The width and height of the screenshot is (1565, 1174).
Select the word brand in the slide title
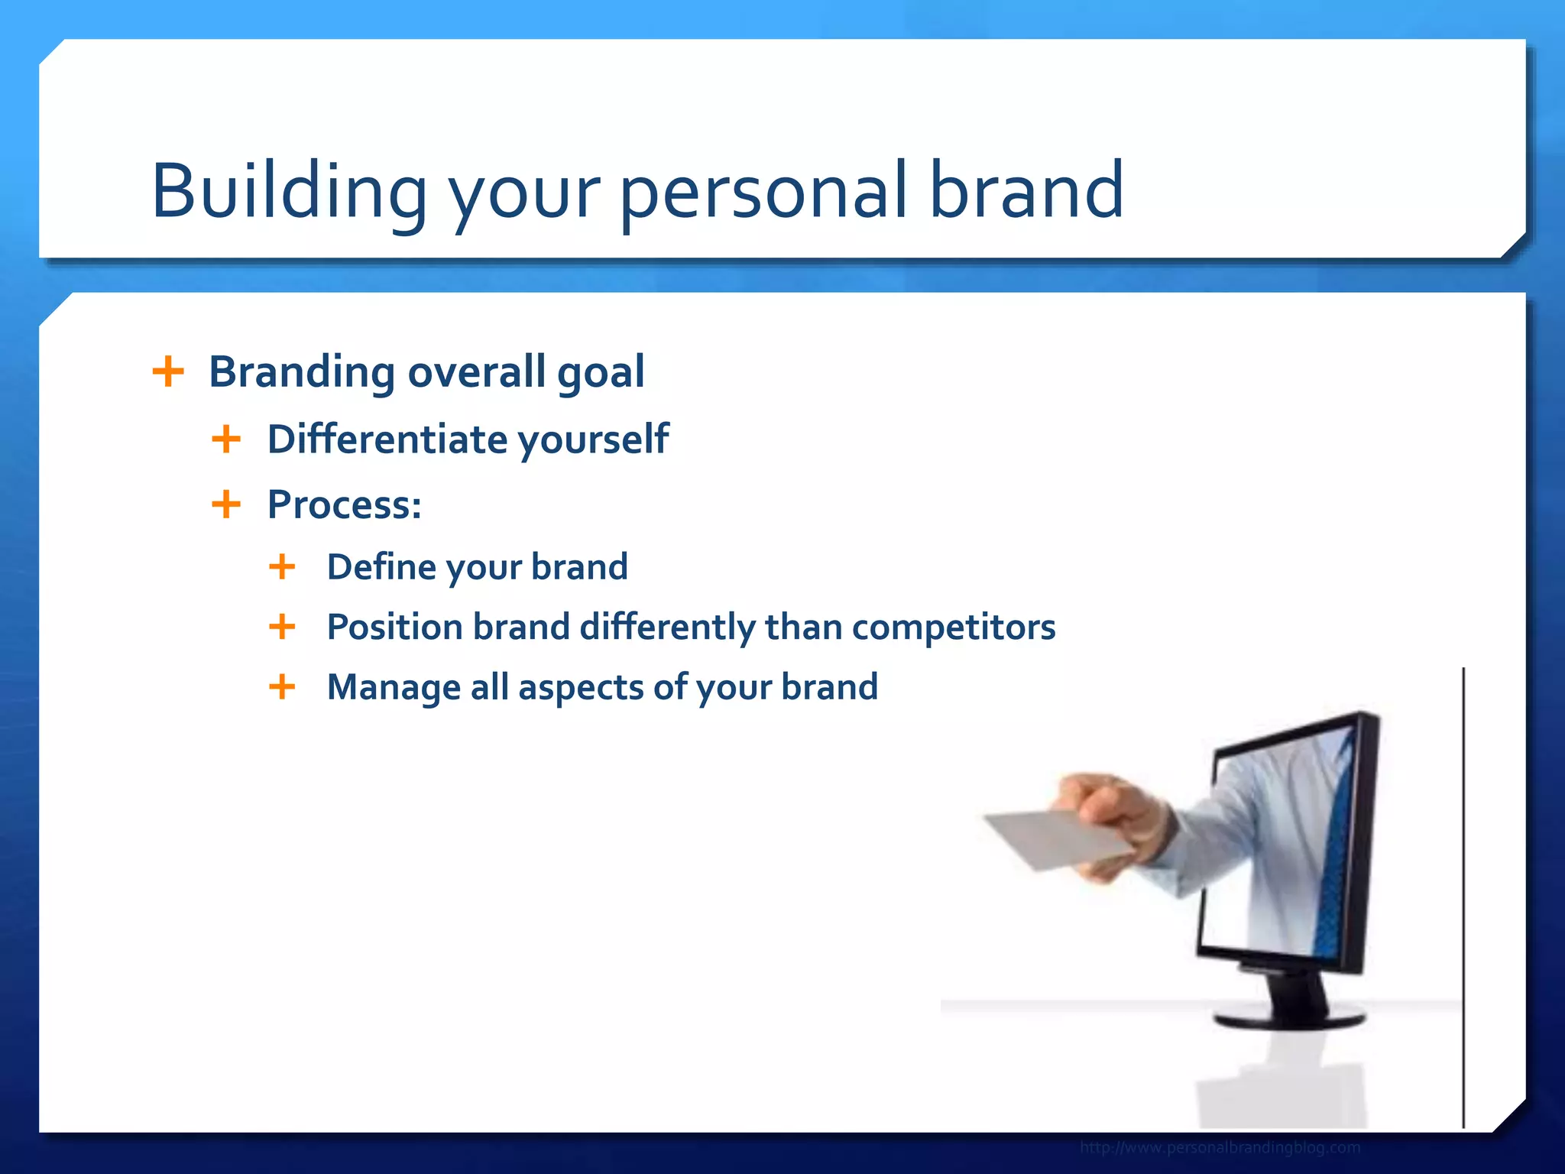tap(1026, 191)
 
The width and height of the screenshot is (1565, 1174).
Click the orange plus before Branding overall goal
tap(168, 372)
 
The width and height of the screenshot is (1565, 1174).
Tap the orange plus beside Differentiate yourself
tap(226, 439)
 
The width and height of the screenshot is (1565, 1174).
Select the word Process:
tap(344, 505)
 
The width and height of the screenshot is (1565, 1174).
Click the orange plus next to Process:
tap(226, 504)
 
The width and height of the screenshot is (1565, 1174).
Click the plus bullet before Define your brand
tap(282, 567)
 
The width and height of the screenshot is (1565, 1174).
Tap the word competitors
tap(954, 628)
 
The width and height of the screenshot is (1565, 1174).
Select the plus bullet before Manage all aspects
tap(282, 686)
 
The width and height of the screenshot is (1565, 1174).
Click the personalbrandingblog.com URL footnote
tap(1220, 1147)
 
